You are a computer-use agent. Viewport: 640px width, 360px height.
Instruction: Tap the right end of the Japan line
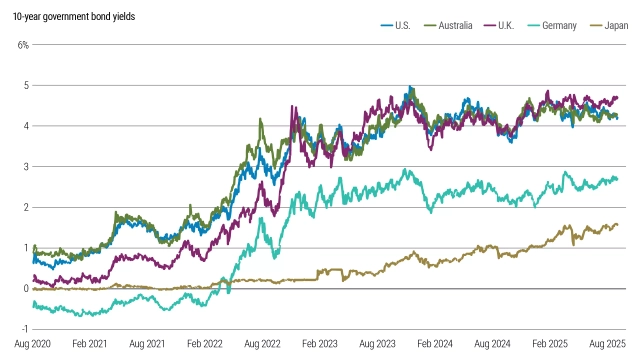[618, 224]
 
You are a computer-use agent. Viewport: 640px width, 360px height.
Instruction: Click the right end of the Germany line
[618, 180]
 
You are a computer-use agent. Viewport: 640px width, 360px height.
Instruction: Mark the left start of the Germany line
[32, 304]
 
